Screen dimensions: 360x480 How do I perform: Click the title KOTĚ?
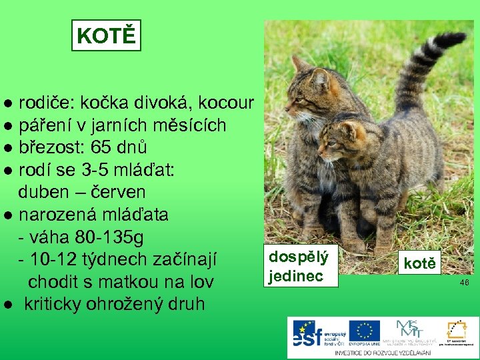[x=106, y=35]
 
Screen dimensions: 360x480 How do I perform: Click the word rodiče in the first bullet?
[x=46, y=103]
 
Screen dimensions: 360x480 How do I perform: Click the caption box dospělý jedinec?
[x=299, y=266]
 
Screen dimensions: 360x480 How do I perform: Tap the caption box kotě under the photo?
[x=419, y=263]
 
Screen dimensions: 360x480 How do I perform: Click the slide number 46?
[x=465, y=283]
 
